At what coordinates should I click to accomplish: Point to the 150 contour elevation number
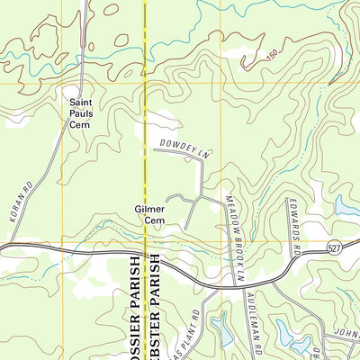pos(273,58)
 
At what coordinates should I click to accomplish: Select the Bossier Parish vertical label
pos(136,306)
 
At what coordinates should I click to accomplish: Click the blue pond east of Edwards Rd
pos(346,207)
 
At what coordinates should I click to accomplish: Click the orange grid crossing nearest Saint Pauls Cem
pos(61,85)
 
